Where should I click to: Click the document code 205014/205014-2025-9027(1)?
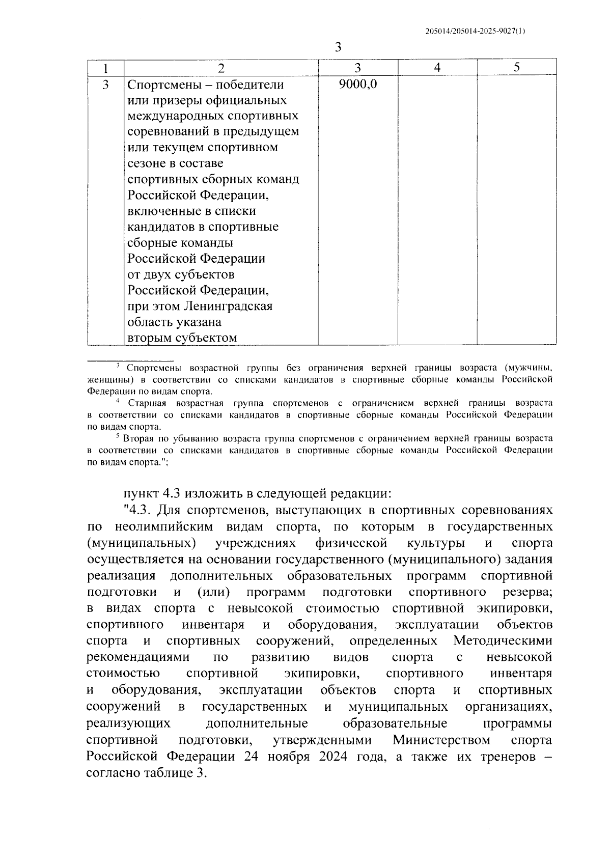click(475, 31)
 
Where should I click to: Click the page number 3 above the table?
click(338, 47)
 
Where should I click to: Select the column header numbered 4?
click(437, 68)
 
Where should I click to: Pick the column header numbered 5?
click(516, 68)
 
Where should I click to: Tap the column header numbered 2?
click(220, 68)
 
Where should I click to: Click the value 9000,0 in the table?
click(357, 85)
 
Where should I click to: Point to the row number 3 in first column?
click(105, 85)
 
